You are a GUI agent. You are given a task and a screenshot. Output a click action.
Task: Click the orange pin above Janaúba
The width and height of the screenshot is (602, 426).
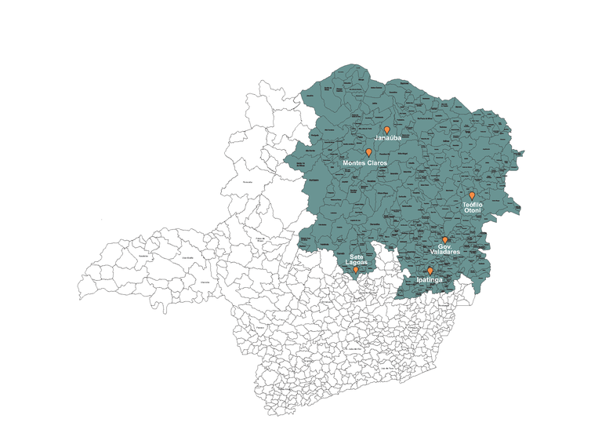(386, 129)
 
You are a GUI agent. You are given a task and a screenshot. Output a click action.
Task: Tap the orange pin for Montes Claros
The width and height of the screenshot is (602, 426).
(368, 152)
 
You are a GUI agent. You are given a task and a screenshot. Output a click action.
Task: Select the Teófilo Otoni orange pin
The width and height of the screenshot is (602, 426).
(472, 195)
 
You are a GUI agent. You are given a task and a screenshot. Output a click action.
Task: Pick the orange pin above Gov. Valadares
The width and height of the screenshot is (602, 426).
(444, 240)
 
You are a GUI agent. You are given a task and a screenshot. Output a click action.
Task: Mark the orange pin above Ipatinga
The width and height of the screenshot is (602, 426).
(430, 271)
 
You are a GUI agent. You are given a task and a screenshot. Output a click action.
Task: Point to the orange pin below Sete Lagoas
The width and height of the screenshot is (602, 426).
(356, 269)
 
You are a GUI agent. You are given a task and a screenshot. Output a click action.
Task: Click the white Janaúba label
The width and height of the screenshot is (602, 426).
(387, 139)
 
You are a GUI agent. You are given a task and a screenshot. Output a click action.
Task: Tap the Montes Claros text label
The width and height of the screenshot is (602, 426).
(365, 162)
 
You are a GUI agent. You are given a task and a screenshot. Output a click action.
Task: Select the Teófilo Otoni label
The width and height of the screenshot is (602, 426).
(473, 207)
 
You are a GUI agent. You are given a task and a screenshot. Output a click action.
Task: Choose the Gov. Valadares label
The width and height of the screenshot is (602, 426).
(444, 249)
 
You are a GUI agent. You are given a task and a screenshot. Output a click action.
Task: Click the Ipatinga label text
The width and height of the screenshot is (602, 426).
(430, 279)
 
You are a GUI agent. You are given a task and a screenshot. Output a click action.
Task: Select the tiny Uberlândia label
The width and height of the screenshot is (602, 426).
(187, 257)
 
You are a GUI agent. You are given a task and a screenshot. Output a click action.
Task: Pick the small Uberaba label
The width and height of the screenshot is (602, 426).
(205, 281)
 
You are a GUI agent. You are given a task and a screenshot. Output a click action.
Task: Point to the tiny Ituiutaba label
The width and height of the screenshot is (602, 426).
(143, 257)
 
